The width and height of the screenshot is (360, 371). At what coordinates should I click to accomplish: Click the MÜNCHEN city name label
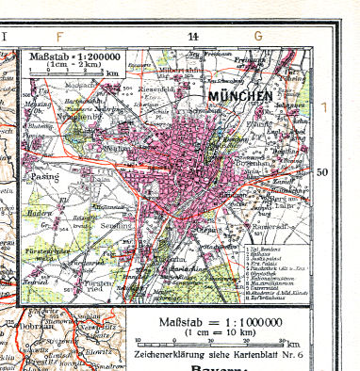click(242, 96)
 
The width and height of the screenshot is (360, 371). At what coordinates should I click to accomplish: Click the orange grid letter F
click(60, 37)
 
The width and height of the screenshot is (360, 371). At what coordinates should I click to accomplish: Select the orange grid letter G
click(256, 37)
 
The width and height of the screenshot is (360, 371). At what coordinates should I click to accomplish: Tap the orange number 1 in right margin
click(326, 107)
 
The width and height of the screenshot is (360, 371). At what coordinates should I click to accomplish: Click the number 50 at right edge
click(322, 172)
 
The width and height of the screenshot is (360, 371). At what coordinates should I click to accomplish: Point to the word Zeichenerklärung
click(172, 355)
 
